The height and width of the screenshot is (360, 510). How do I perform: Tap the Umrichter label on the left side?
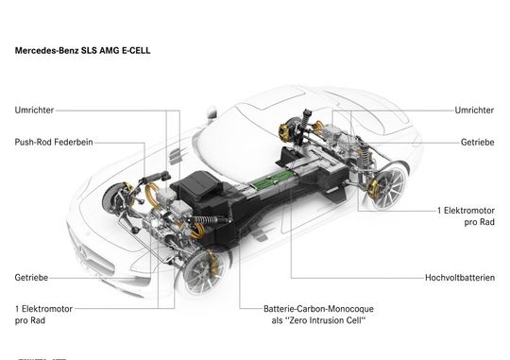(35, 111)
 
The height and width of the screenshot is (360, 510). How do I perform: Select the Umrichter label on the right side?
(473, 111)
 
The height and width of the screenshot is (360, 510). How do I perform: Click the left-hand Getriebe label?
(31, 278)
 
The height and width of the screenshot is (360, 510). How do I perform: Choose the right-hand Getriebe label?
(477, 144)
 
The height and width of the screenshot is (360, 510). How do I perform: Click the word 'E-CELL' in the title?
(131, 46)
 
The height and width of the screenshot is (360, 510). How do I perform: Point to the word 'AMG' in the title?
(103, 46)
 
